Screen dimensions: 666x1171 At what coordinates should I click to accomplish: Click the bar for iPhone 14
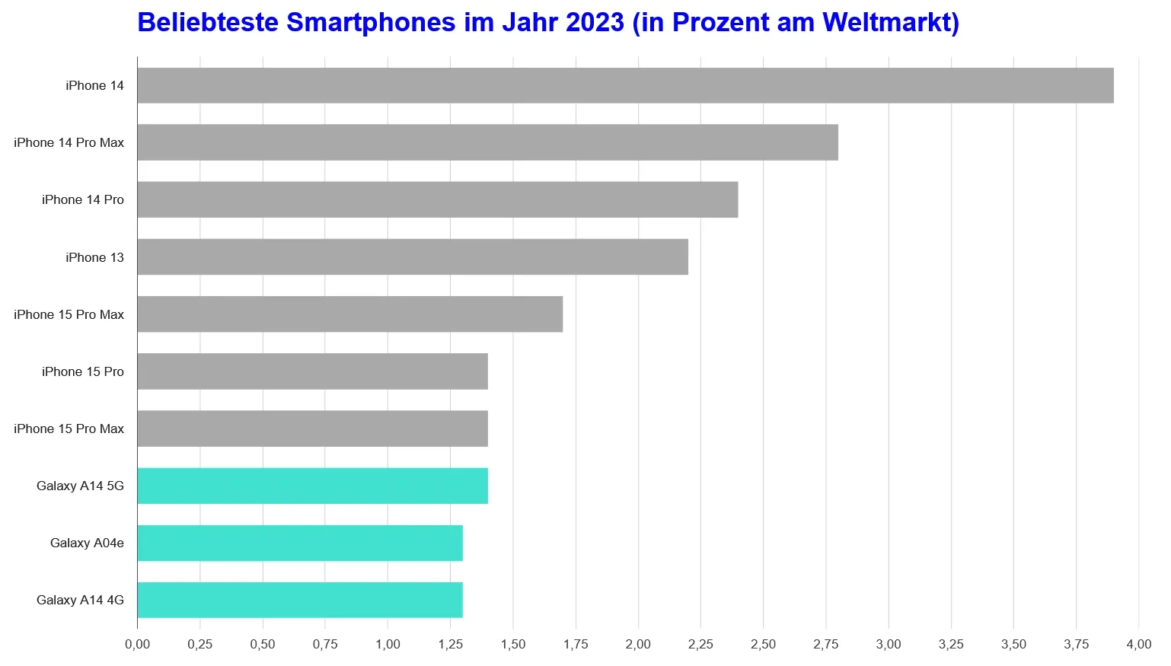[624, 85]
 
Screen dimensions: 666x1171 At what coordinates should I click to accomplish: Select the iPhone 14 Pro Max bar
[487, 142]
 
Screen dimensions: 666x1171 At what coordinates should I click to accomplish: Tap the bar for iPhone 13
[412, 257]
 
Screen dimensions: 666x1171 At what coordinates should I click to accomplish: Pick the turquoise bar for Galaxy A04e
[299, 543]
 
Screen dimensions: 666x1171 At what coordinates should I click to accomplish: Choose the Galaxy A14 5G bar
[312, 486]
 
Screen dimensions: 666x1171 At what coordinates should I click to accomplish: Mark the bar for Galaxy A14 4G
[299, 600]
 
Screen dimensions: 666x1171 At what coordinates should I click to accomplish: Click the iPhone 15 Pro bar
[312, 371]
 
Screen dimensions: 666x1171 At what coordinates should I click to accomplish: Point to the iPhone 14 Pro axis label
[82, 199]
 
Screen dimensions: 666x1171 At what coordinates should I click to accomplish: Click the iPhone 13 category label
[94, 257]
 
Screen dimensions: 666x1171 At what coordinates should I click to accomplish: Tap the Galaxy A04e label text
[87, 543]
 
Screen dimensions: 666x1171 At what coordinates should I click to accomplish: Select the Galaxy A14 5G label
[80, 486]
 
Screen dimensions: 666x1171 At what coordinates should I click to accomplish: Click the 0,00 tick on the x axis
[137, 644]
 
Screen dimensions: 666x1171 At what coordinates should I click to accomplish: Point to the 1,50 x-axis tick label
[512, 644]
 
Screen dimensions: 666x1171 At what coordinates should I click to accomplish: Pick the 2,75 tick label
[825, 644]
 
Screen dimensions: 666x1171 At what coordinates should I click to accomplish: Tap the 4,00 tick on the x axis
[1138, 644]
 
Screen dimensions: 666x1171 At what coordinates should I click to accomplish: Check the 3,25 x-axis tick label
[951, 644]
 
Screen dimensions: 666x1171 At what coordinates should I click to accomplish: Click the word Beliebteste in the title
[207, 22]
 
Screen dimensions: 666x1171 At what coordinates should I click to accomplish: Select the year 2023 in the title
[595, 22]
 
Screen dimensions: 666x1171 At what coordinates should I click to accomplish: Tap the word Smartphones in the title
[371, 22]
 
